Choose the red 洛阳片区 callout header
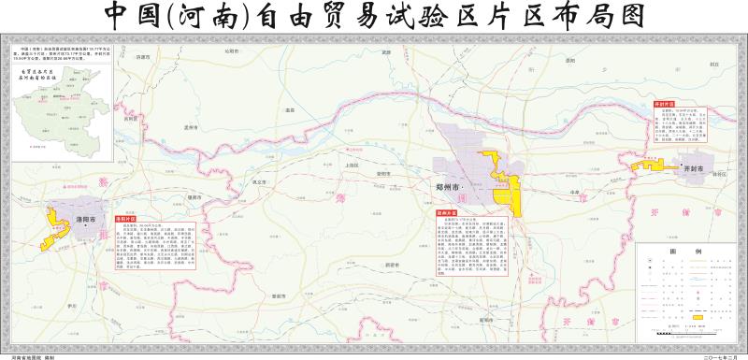pyautogui.click(x=124, y=220)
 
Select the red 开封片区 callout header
pyautogui.click(x=665, y=103)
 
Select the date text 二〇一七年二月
pyautogui.click(x=712, y=354)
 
